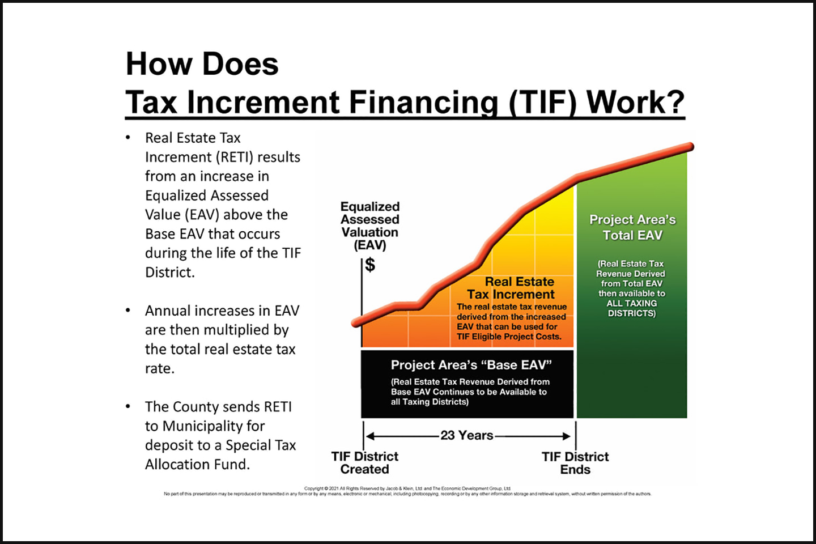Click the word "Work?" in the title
click(x=635, y=103)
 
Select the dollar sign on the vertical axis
click(x=370, y=265)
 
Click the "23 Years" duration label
click(x=467, y=435)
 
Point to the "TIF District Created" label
click(x=364, y=463)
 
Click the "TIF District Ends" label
click(x=575, y=463)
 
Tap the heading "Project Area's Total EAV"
click(x=632, y=227)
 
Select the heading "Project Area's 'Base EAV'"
click(x=471, y=365)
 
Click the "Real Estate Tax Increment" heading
click(x=512, y=288)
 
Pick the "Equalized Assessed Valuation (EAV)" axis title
click(x=370, y=226)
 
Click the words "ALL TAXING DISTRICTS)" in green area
click(x=632, y=308)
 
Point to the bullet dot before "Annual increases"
click(x=128, y=311)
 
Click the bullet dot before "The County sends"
click(x=128, y=406)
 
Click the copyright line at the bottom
click(x=407, y=488)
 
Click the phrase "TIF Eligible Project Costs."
click(x=509, y=337)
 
